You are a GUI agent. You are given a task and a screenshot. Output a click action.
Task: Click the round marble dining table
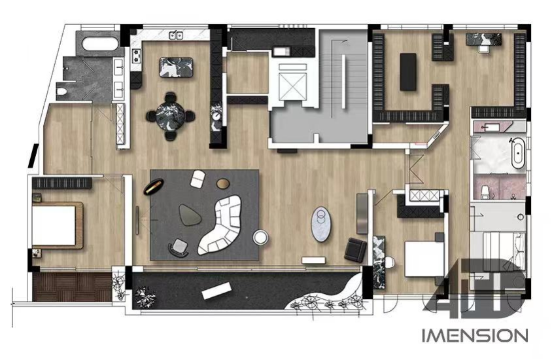pyautogui.click(x=171, y=116)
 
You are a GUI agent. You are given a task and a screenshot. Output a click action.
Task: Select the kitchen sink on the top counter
pyautogui.click(x=176, y=35)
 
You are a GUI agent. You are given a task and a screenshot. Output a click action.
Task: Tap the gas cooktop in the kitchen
pyautogui.click(x=136, y=56)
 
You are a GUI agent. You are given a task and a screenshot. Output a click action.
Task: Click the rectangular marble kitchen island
pyautogui.click(x=176, y=67)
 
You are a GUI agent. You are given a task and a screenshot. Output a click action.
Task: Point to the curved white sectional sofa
pyautogui.click(x=221, y=225)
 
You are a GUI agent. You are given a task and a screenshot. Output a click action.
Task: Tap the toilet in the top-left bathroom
pyautogui.click(x=62, y=92)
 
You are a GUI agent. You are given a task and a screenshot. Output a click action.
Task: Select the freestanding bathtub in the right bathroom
pyautogui.click(x=518, y=153)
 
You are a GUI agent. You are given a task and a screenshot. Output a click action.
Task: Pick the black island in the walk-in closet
pyautogui.click(x=408, y=72)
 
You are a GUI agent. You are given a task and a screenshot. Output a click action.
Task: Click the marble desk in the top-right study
pyautogui.click(x=484, y=39)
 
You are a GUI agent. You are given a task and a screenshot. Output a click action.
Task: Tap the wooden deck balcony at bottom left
pyautogui.click(x=72, y=287)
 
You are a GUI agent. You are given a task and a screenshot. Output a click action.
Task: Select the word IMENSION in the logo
pyautogui.click(x=475, y=336)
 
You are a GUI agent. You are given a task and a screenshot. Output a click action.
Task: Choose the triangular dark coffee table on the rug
pyautogui.click(x=190, y=214)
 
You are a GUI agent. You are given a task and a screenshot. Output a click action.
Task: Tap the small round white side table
pyautogui.click(x=260, y=237)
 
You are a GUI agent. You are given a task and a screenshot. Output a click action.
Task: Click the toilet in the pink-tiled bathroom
pyautogui.click(x=486, y=192)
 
